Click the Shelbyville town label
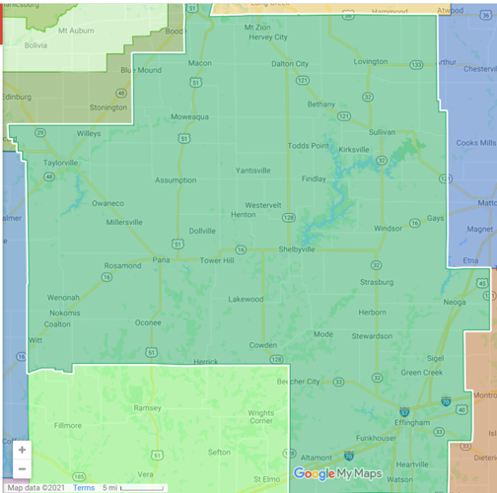point(297,249)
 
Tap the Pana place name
point(161,261)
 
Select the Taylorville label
point(60,162)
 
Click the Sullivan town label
point(382,131)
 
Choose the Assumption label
point(176,180)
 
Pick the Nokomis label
point(65,313)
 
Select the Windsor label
point(388,228)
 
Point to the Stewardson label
point(372,335)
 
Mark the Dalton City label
point(290,63)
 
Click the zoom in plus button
point(22,450)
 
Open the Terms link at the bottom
point(84,487)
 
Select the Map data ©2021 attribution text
point(36,487)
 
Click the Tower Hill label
point(217,261)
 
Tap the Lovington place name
point(371,61)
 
